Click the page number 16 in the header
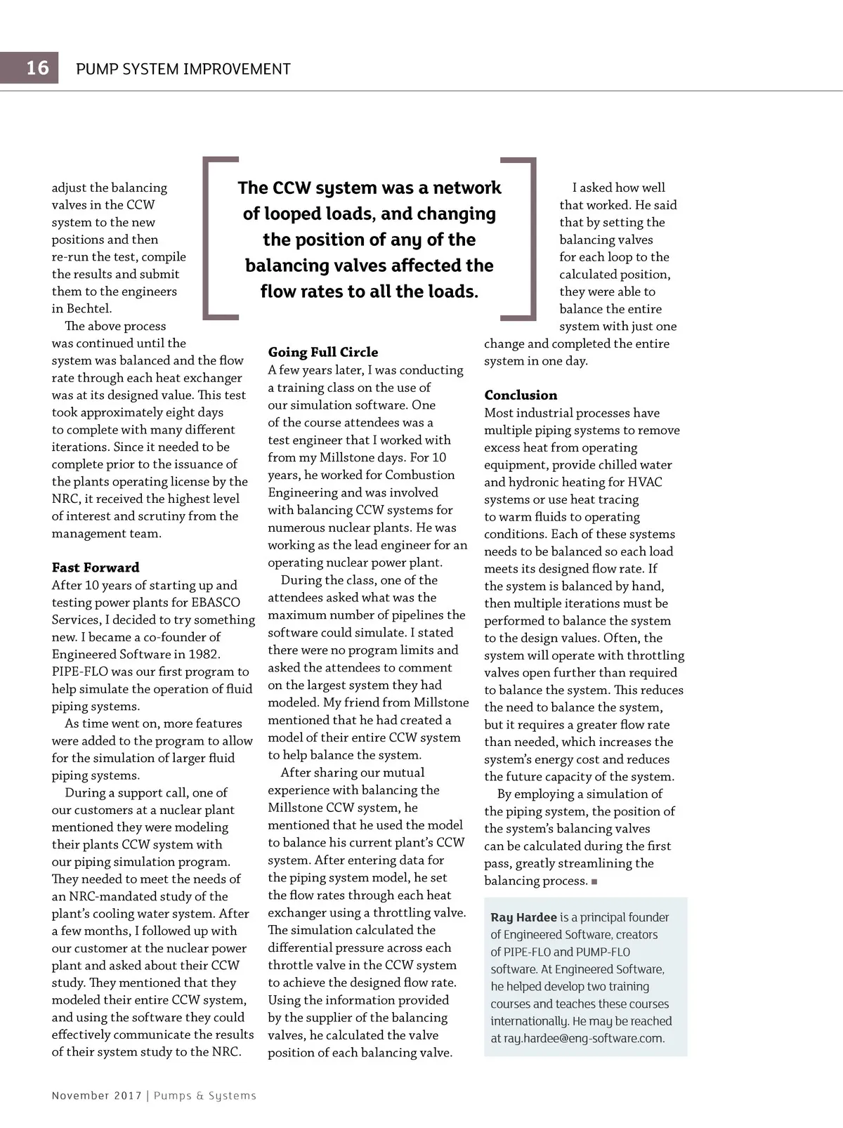click(37, 68)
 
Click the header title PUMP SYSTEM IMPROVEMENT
click(183, 69)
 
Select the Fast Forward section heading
click(96, 568)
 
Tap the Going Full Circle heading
click(323, 352)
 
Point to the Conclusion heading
click(521, 395)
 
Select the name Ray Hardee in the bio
click(523, 917)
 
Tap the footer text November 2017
click(96, 1096)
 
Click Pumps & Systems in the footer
click(205, 1096)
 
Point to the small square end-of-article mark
click(594, 881)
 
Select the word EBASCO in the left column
click(216, 603)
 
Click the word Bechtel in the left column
click(89, 308)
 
